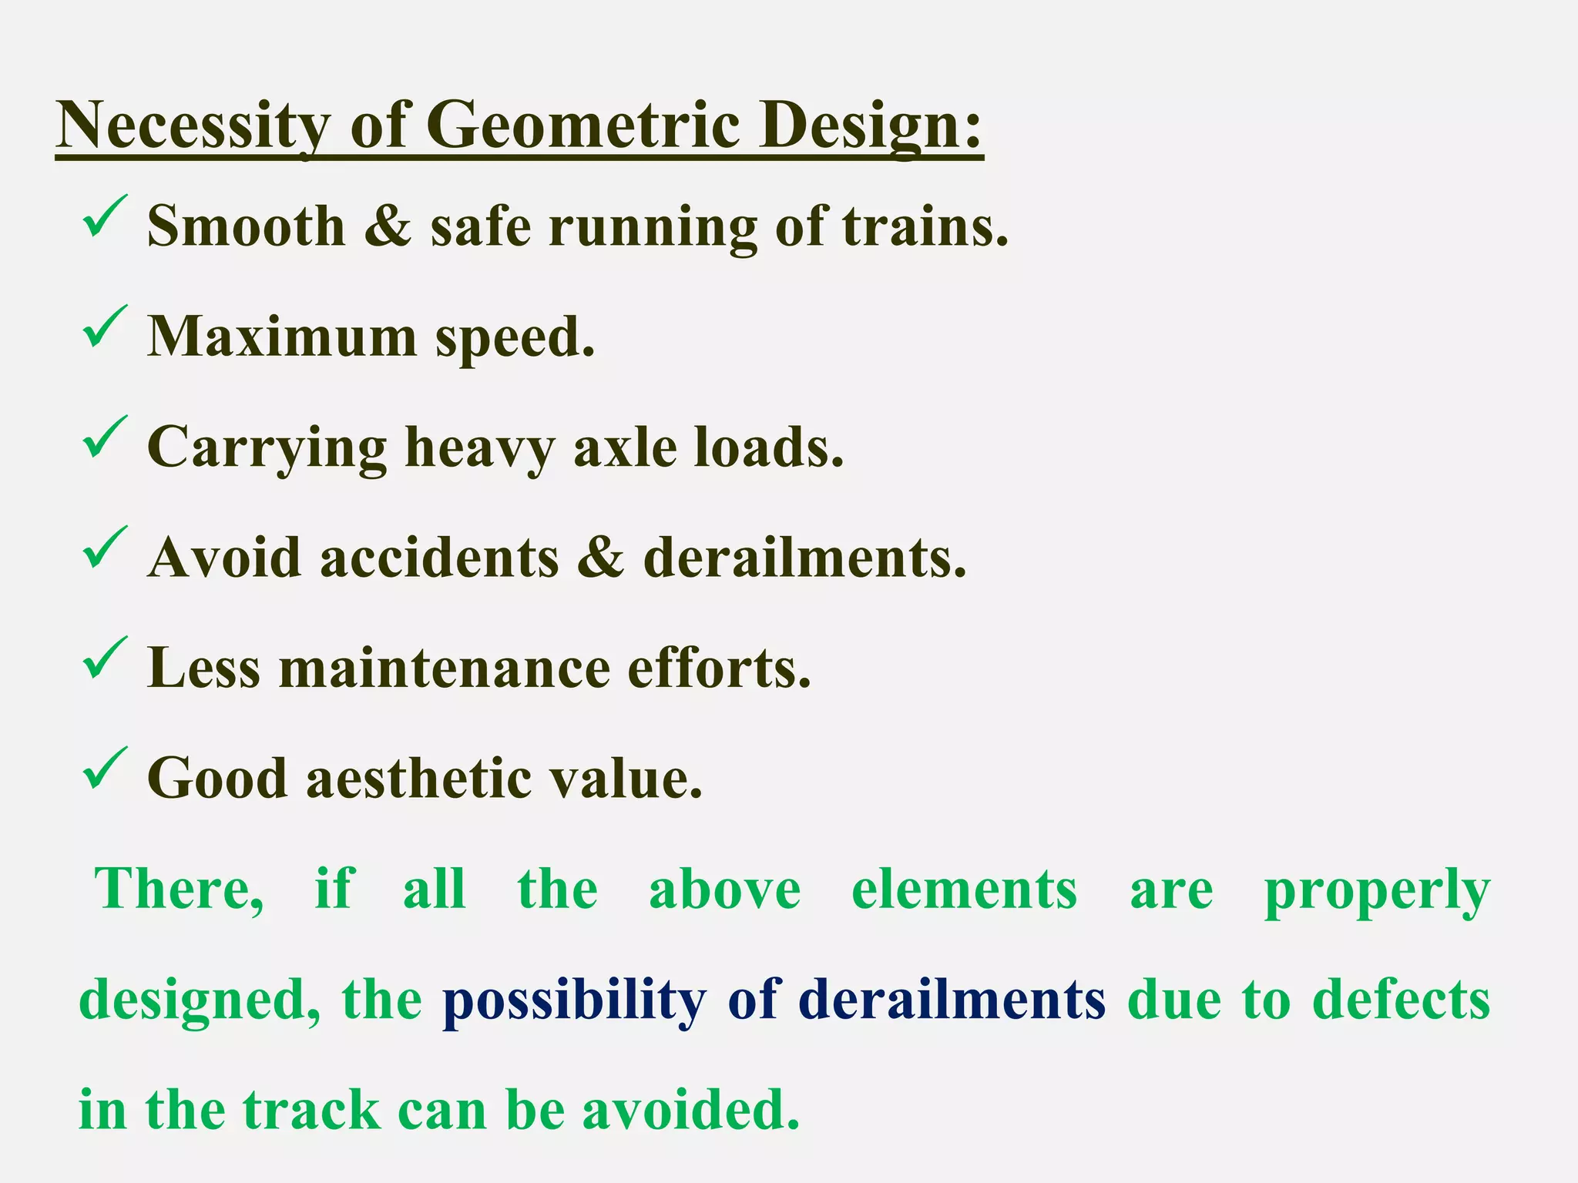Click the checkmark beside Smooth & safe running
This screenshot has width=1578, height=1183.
pos(103,216)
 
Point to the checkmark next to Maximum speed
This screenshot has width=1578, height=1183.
pos(103,327)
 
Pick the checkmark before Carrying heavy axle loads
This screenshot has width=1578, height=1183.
pos(103,437)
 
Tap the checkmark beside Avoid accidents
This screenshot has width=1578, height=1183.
pos(103,548)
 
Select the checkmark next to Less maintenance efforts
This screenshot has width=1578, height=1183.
pos(103,658)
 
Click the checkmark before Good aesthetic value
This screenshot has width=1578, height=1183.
pos(103,768)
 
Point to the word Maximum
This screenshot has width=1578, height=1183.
pos(281,337)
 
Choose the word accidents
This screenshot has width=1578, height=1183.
pos(439,558)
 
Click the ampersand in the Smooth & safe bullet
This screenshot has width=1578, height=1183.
pos(388,226)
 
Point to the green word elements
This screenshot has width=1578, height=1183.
pos(964,890)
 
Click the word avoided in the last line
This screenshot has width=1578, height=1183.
pos(690,1111)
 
